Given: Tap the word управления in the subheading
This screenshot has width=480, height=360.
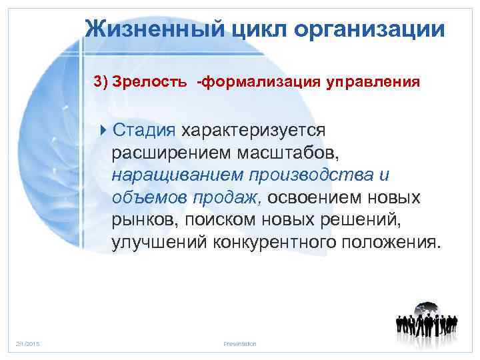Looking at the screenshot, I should click(x=373, y=82).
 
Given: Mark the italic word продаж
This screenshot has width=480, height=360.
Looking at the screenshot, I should click(x=231, y=198).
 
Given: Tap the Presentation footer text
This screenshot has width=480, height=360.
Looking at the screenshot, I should click(x=241, y=343).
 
